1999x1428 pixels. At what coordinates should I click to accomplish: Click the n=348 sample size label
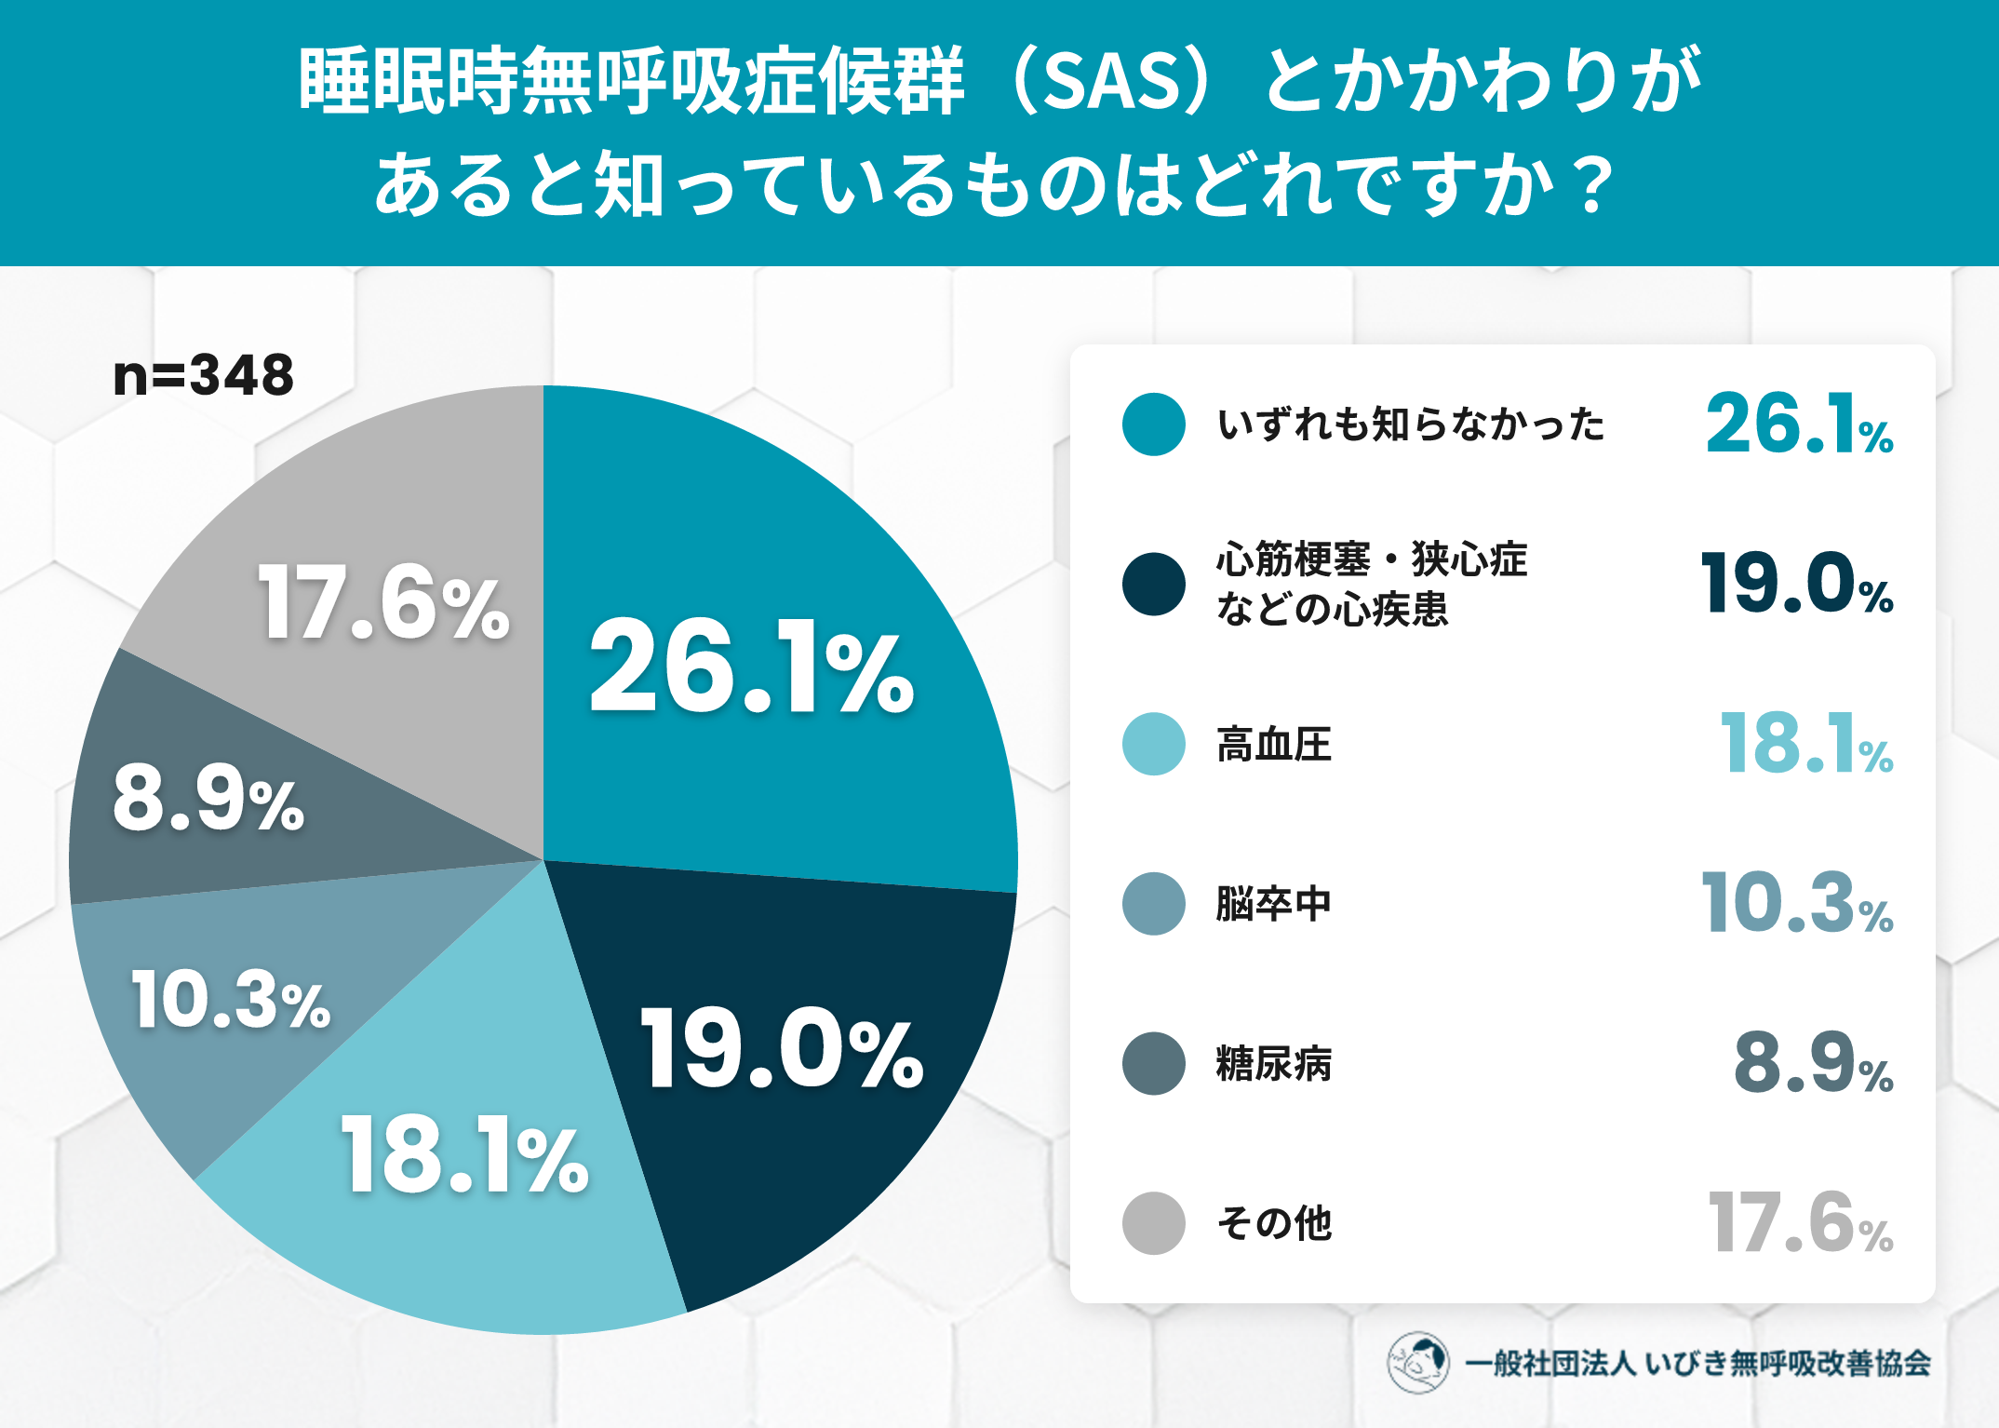pos(203,375)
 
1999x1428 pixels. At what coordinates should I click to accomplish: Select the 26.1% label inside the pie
pos(752,667)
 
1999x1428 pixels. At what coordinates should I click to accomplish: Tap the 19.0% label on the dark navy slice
pos(782,1048)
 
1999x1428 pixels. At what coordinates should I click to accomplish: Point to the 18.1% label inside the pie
pos(464,1154)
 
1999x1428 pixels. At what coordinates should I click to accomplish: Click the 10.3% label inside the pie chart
pos(231,1000)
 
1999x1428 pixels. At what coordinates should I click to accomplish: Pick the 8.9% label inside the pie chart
pos(208,798)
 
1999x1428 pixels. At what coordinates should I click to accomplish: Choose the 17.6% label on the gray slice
pos(383,603)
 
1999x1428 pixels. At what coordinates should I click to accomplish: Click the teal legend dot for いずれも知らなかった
pos(1154,424)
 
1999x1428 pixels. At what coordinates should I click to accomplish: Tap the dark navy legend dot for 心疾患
pos(1154,585)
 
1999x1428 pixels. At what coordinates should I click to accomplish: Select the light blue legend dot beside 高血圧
pos(1154,744)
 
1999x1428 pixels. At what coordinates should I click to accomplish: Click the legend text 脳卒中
pos(1274,904)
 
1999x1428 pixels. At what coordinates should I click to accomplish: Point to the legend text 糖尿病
pos(1274,1064)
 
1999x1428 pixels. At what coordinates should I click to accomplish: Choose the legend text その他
pos(1274,1223)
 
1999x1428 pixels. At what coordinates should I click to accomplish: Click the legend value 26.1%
pos(1799,424)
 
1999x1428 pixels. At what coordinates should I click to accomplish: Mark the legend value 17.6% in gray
pos(1801,1222)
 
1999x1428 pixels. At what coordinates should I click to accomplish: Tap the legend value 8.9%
pos(1814,1063)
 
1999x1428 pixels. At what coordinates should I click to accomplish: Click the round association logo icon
pos(1417,1363)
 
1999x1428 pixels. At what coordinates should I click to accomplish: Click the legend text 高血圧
pos(1274,745)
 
